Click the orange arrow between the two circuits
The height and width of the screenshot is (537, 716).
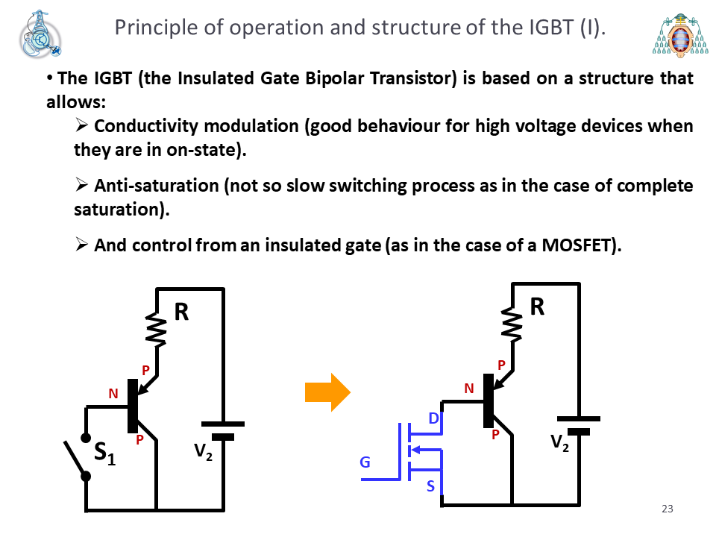327,392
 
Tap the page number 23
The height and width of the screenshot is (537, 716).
667,509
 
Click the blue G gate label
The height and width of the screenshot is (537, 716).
365,462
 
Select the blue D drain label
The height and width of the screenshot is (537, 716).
434,418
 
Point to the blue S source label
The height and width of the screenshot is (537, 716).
430,486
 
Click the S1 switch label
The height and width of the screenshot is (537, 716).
104,453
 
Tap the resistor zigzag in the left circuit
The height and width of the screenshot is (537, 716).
156,329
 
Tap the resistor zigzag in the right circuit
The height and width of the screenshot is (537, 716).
512,324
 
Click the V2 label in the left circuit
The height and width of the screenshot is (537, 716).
203,452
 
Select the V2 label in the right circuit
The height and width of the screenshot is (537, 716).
559,443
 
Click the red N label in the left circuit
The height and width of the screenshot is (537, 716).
113,394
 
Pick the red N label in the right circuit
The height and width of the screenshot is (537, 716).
469,389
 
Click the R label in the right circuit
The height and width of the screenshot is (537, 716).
538,307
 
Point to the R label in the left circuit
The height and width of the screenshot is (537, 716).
182,313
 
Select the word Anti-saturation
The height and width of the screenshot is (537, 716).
157,186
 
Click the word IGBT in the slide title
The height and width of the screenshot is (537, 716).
550,28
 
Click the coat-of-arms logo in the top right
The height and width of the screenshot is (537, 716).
680,35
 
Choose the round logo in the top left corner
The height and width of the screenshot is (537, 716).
40,35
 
